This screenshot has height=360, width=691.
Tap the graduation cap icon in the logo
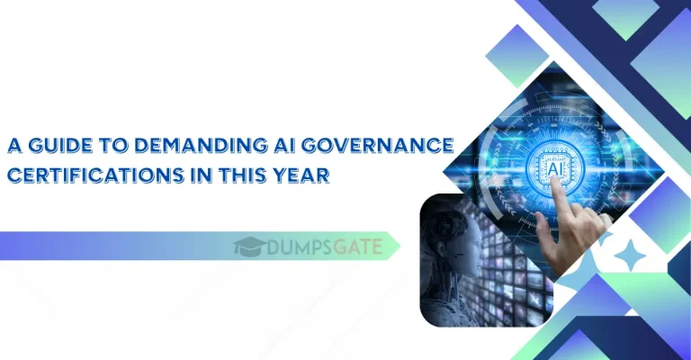tap(247, 246)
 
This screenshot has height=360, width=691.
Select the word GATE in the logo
tap(358, 246)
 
